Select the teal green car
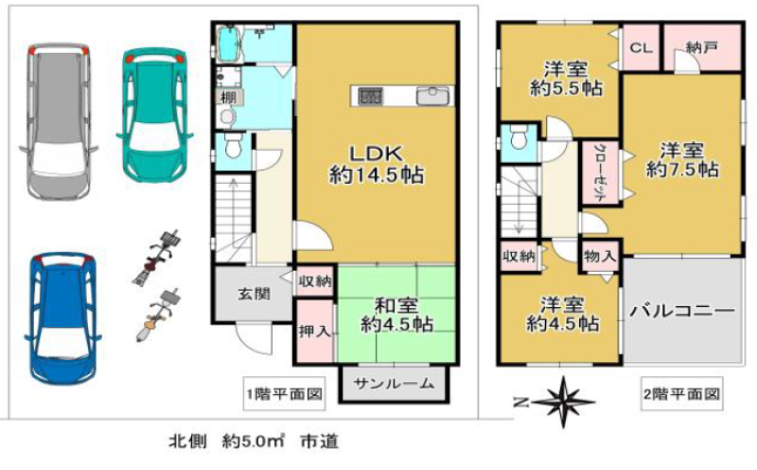tap(155, 114)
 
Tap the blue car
tap(63, 317)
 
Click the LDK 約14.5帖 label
tap(376, 164)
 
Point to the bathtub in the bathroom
tap(231, 45)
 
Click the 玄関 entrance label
tap(254, 294)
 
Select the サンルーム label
tap(394, 384)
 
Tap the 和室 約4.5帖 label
tap(396, 315)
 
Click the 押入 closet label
tap(314, 332)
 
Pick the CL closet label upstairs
tap(642, 48)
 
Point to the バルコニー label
tap(681, 310)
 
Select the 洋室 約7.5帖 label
tap(682, 159)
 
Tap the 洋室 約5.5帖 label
tap(566, 79)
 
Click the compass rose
tap(563, 402)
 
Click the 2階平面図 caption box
tap(681, 393)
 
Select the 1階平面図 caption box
tap(284, 393)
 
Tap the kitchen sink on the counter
tap(433, 96)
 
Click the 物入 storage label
tap(600, 256)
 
